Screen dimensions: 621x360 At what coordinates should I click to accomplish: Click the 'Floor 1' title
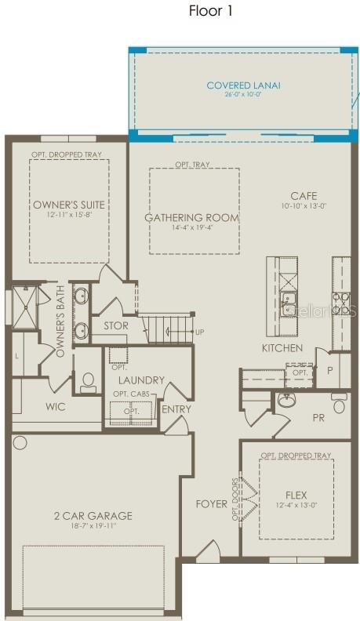[x=210, y=11]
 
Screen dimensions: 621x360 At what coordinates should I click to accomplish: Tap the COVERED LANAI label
[x=243, y=85]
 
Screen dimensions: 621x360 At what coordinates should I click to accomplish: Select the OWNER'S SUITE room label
[x=68, y=205]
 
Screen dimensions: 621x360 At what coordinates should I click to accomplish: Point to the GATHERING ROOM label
[x=191, y=217]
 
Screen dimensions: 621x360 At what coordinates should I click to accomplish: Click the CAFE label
[x=304, y=196]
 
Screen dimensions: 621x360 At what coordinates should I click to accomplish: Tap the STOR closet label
[x=116, y=326]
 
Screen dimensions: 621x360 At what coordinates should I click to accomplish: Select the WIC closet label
[x=56, y=407]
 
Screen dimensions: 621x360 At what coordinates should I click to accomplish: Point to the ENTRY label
[x=176, y=409]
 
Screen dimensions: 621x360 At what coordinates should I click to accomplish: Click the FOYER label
[x=212, y=503]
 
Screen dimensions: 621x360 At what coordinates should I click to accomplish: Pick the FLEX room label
[x=296, y=496]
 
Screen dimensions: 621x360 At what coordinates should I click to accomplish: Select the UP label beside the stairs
[x=199, y=332]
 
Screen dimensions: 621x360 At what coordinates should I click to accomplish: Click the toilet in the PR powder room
[x=340, y=404]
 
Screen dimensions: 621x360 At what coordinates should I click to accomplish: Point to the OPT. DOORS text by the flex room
[x=235, y=499]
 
